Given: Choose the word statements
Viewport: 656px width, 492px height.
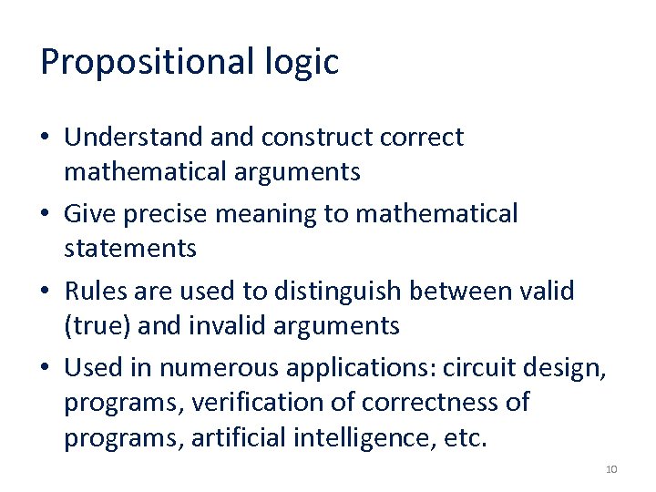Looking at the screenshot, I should tap(130, 248).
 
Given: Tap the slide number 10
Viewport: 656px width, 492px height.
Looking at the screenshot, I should tap(610, 469).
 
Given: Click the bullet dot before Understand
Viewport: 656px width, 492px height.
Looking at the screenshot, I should tap(46, 138).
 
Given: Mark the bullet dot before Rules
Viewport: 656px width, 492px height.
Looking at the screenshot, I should tap(46, 292).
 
